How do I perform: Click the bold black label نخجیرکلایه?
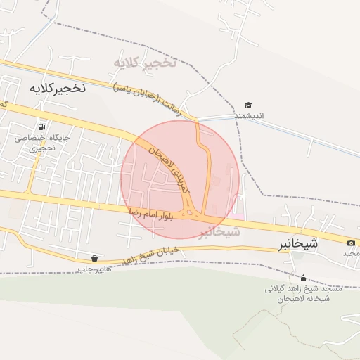(57, 88)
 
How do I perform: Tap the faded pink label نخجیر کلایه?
(145, 63)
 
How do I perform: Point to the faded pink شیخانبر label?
(219, 231)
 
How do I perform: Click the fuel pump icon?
(44, 127)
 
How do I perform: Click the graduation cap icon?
(248, 105)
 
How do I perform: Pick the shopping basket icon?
(95, 258)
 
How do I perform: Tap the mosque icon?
(303, 278)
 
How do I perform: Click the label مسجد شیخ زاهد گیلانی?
(304, 288)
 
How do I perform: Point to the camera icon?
(351, 243)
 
